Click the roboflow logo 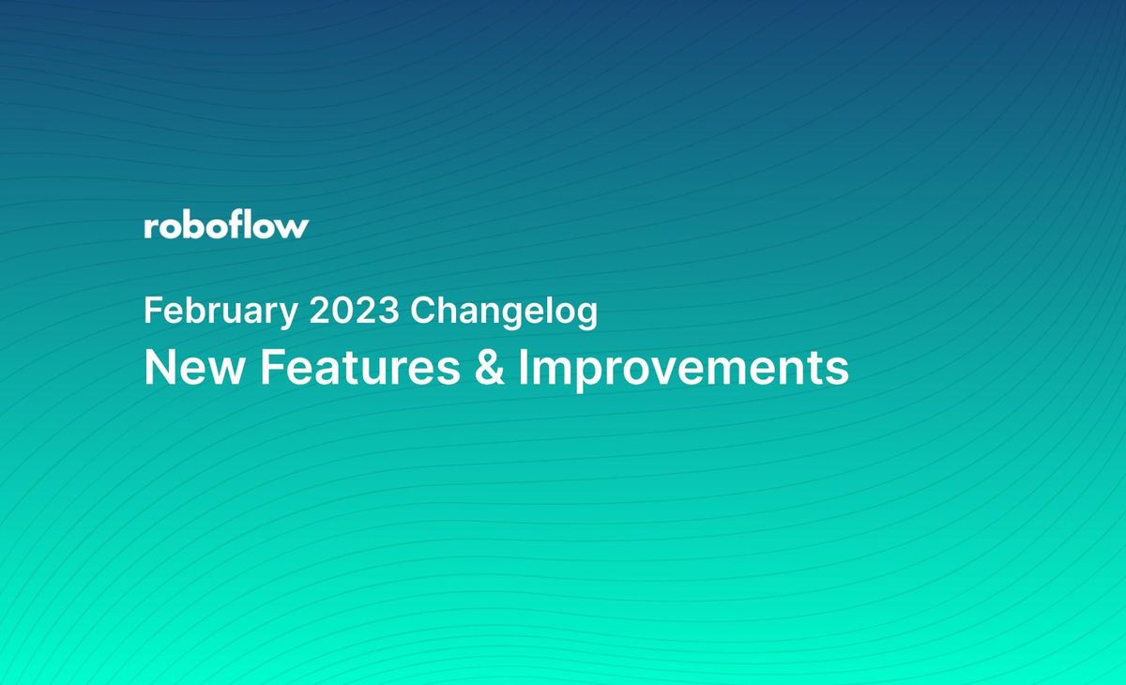[x=226, y=226]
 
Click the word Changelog [x=504, y=312]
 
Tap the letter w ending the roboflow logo [x=293, y=228]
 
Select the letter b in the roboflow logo [x=193, y=225]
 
